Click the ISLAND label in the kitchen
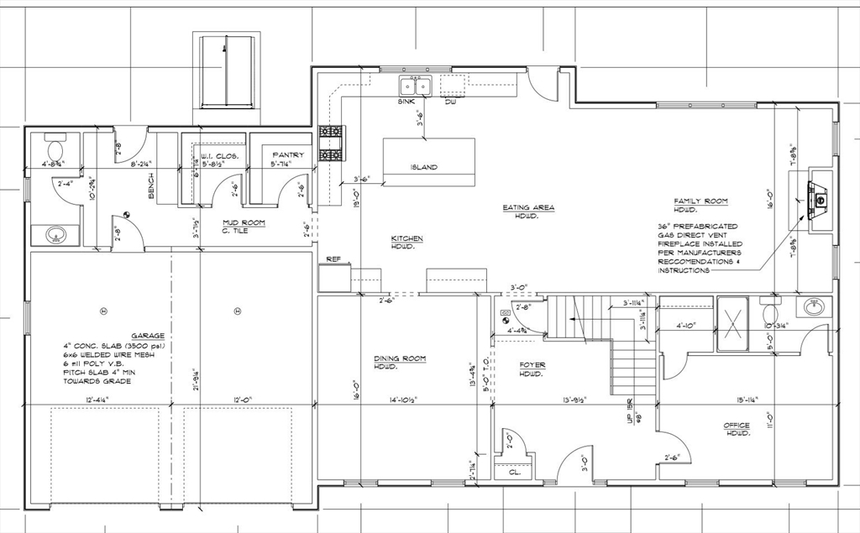coord(423,167)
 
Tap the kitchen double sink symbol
coord(414,86)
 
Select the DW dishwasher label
coord(450,102)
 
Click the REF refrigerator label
coord(333,259)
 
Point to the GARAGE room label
coord(147,335)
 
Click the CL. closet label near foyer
coord(514,473)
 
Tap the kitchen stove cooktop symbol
coord(330,144)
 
